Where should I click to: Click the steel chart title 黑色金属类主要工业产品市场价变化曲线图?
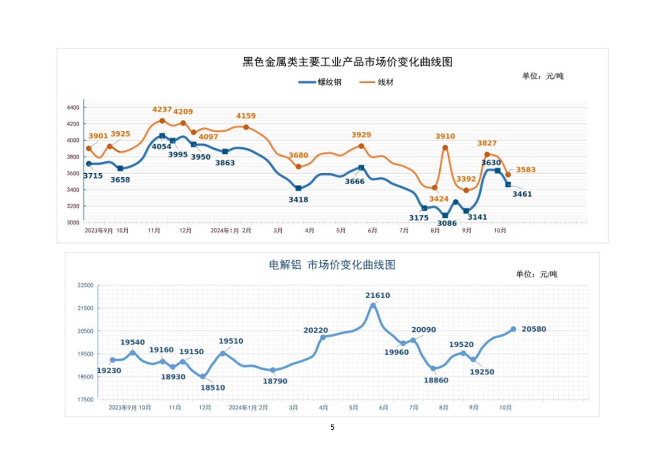coord(347,62)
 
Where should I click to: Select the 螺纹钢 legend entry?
coord(329,82)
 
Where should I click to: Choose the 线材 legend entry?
coord(385,82)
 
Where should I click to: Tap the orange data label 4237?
coord(161,109)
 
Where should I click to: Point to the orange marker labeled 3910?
coord(445,148)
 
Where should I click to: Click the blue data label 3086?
coord(447,224)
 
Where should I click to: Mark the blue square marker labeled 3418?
coord(298,189)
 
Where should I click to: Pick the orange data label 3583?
coord(525,170)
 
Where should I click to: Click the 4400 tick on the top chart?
coord(73,108)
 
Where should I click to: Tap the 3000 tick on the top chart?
coord(73,222)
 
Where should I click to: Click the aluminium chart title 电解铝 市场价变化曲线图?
coord(332,265)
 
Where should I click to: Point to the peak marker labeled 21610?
coord(373,306)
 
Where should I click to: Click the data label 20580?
coord(534,329)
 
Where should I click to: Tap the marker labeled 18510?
coord(203,376)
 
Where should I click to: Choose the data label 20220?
coord(315,330)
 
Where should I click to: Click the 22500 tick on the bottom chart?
coord(85,285)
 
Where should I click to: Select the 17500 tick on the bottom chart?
coord(85,400)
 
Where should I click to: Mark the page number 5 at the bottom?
coord(332,427)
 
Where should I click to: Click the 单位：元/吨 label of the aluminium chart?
coord(536,274)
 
